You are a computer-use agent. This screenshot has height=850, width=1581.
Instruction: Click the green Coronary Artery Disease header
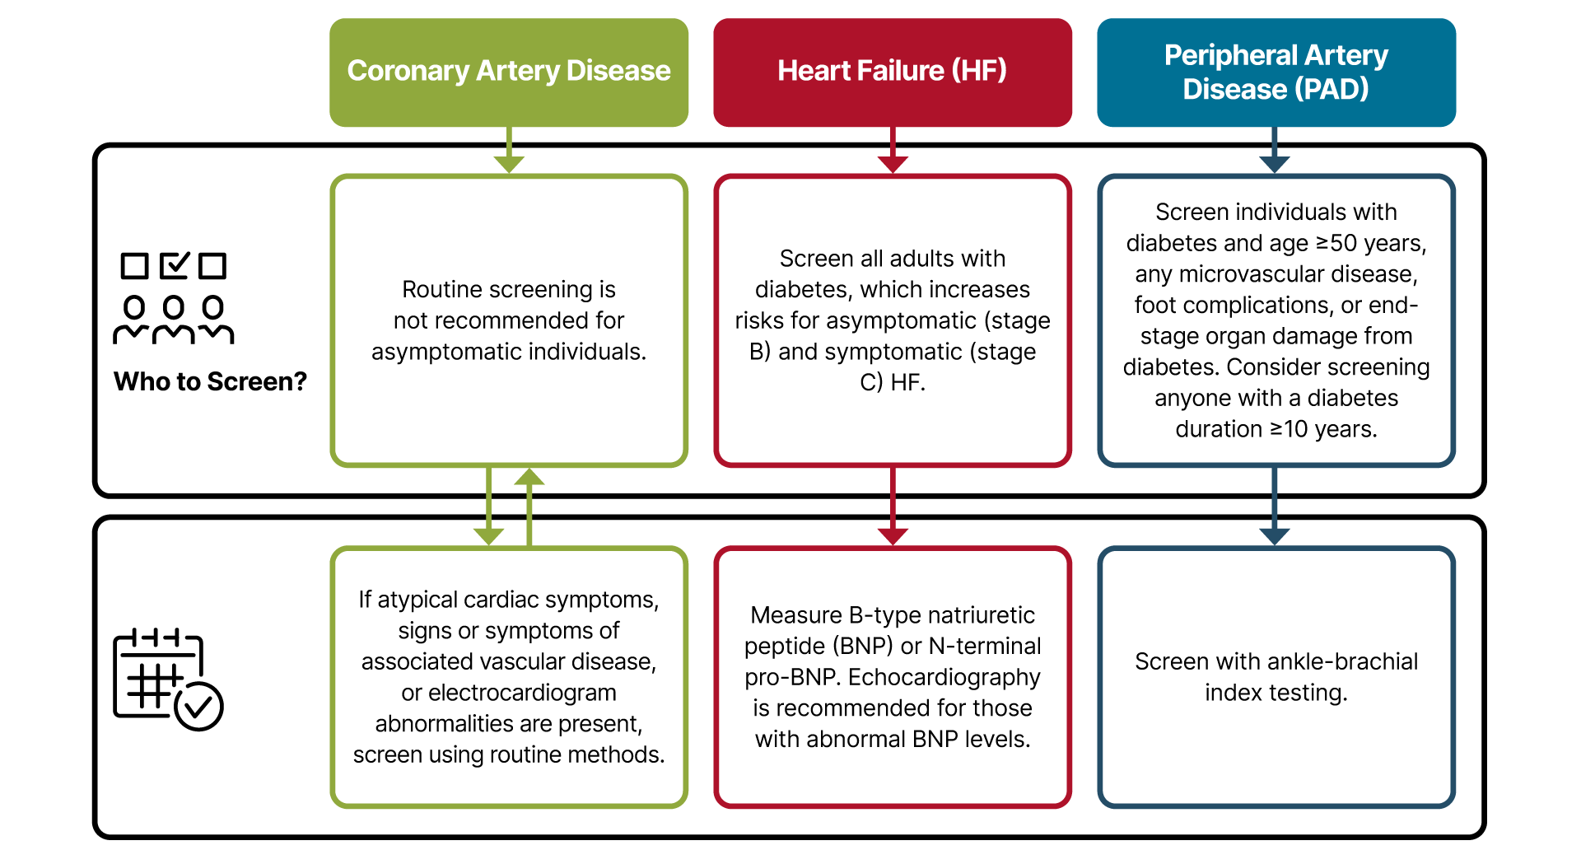[x=509, y=72]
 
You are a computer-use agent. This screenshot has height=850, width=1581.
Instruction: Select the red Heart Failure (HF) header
[x=893, y=72]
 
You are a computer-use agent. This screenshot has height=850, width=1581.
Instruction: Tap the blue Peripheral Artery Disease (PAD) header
[x=1276, y=72]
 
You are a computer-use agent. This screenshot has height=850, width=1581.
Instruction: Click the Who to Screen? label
[x=210, y=381]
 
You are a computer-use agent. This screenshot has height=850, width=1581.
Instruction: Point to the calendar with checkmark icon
[x=168, y=680]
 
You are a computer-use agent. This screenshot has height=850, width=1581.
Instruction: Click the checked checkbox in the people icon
[x=174, y=265]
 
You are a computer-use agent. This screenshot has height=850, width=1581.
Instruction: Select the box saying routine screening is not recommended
[x=509, y=320]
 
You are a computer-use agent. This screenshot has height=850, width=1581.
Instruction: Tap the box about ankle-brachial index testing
[x=1276, y=677]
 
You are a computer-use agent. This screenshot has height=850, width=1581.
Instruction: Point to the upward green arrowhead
[x=529, y=477]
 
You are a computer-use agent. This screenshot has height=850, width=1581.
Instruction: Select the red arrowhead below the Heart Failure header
[x=893, y=164]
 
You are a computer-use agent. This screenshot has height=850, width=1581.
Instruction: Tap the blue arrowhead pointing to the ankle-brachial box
[x=1275, y=536]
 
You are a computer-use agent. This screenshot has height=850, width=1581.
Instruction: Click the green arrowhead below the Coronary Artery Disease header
[x=509, y=164]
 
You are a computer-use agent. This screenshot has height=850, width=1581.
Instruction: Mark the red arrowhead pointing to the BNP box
[x=893, y=536]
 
